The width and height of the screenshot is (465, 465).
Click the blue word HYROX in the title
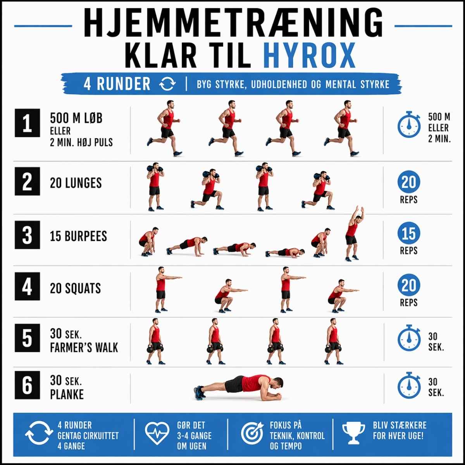coord(309,56)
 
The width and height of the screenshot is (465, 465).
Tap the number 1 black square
coord(27,123)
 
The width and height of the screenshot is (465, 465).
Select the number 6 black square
coord(27,385)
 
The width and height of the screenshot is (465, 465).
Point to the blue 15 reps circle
coord(409,233)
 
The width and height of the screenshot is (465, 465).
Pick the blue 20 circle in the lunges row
coord(409,182)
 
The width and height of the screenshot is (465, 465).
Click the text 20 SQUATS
coord(75,288)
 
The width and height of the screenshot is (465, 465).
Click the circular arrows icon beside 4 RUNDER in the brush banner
coord(167,84)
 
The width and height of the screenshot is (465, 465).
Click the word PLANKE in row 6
coord(67,394)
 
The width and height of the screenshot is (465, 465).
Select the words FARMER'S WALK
coord(84,348)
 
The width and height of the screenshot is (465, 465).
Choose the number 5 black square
coord(27,338)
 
